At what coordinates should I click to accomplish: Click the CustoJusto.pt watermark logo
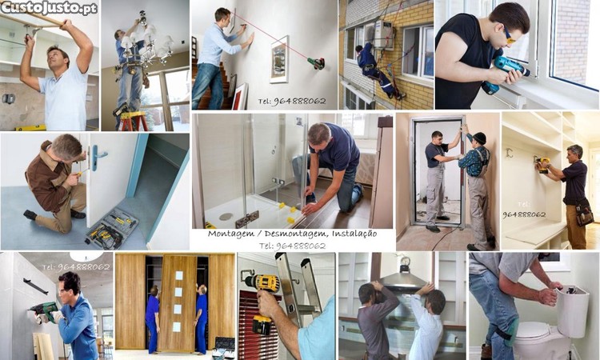[x=49, y=8]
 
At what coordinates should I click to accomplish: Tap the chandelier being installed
[x=146, y=44]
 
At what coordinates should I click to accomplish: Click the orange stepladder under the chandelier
[x=133, y=121]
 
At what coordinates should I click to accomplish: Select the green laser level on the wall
[x=317, y=63]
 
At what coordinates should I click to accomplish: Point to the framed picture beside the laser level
[x=279, y=59]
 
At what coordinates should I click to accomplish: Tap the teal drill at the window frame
[x=503, y=74]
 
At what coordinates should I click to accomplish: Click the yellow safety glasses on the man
[x=508, y=35]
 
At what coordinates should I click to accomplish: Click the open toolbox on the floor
[x=112, y=228]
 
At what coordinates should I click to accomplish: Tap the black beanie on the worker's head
[x=480, y=138]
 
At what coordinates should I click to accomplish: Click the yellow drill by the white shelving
[x=542, y=164]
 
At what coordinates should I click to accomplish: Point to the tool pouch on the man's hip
[x=584, y=213]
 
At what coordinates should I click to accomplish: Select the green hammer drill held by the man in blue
[x=45, y=310]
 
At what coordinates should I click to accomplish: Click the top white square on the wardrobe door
[x=179, y=275]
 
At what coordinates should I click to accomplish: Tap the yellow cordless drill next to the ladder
[x=262, y=302]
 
